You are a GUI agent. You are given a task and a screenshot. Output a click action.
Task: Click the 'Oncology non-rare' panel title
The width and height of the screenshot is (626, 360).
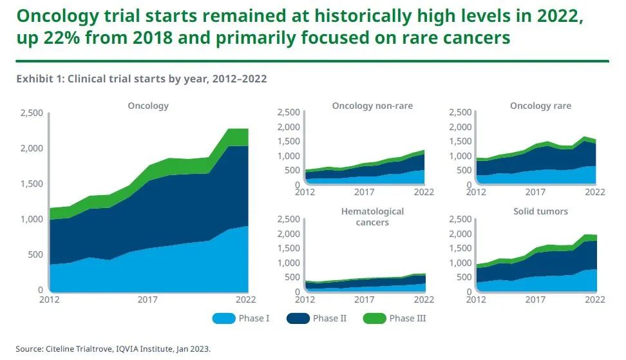[372, 106]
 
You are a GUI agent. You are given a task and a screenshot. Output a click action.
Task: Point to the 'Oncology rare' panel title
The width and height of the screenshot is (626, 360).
[540, 106]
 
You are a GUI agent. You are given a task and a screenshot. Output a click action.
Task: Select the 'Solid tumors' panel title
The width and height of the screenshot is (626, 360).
[540, 211]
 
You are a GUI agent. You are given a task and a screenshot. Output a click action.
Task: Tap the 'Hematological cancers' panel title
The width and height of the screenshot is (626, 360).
[373, 216]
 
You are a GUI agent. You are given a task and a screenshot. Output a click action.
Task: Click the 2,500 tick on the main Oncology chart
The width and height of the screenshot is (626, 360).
[31, 113]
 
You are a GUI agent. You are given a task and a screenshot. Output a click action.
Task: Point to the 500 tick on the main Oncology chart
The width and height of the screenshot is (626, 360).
[35, 255]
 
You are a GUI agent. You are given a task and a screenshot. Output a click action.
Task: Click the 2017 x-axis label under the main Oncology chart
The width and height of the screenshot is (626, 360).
[148, 299]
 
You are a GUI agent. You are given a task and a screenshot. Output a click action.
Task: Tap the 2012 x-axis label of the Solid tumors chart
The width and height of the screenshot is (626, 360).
[475, 299]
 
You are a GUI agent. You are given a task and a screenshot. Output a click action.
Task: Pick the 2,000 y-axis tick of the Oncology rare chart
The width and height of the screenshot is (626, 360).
[460, 127]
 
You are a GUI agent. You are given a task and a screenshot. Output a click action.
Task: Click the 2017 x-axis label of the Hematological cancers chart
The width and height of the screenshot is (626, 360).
[365, 299]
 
